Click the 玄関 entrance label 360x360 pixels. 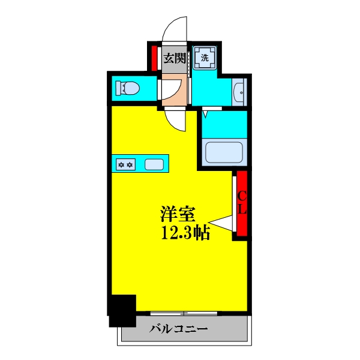tap(175, 59)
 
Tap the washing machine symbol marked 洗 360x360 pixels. tap(205, 58)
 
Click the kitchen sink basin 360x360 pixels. tap(154, 163)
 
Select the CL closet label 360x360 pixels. tap(242, 203)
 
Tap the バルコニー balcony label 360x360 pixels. tap(178, 329)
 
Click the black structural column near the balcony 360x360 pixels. tap(122, 310)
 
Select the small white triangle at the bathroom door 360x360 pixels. tap(205, 112)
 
